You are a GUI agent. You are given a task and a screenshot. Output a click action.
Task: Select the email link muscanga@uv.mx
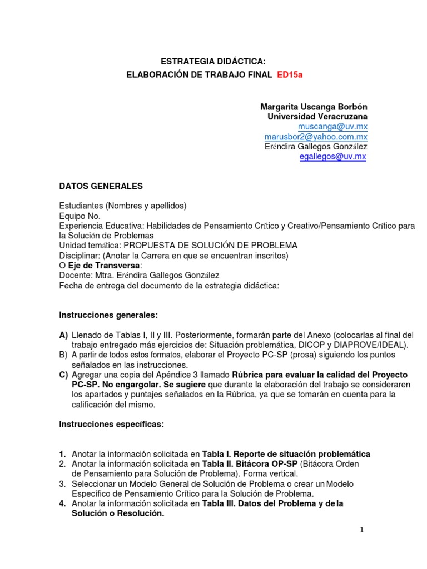(341, 127)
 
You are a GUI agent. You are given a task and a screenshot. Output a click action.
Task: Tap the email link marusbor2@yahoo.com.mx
(316, 137)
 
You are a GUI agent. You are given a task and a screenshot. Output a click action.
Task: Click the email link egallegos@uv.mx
(332, 157)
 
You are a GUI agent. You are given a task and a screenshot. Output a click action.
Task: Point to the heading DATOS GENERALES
(101, 186)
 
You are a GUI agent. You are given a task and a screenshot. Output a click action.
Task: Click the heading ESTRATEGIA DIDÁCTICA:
(209, 61)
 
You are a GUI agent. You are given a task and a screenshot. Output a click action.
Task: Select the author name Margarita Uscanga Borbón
(314, 107)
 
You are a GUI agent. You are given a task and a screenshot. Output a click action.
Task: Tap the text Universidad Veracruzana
(317, 117)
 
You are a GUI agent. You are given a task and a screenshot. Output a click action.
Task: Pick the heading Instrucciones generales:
(108, 315)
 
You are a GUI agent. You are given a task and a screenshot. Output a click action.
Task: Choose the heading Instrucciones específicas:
(111, 425)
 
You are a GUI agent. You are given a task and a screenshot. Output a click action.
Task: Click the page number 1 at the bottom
(362, 531)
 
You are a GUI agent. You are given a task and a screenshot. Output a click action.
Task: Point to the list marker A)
(64, 335)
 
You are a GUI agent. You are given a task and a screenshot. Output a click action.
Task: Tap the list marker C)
(64, 375)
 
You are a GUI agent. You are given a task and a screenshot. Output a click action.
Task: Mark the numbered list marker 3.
(63, 484)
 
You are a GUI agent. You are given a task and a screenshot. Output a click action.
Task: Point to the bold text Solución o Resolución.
(117, 514)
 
